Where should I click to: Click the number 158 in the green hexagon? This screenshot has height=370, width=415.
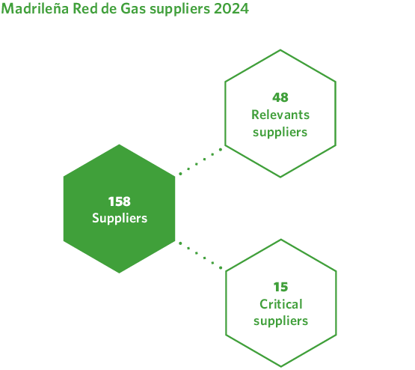click(x=120, y=201)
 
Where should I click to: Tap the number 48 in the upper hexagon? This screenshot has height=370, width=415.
click(x=280, y=97)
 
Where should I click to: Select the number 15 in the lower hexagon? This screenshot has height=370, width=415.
click(x=280, y=287)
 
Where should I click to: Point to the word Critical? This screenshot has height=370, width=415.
click(x=280, y=304)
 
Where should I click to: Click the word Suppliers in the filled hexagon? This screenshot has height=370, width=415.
click(x=120, y=219)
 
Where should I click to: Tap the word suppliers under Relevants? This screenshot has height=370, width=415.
click(x=280, y=133)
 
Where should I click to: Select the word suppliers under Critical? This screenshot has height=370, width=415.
click(x=280, y=321)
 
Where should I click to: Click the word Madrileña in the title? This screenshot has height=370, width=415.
click(x=34, y=10)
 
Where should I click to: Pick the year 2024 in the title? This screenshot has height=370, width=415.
click(x=233, y=10)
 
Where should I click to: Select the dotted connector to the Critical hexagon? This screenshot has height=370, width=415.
click(x=200, y=255)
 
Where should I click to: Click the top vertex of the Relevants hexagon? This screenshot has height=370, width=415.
click(x=280, y=50)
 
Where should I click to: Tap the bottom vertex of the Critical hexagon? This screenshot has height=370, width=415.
click(x=280, y=366)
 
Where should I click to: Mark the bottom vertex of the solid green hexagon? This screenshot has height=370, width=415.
click(x=120, y=273)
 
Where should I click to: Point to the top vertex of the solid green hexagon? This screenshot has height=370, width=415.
click(x=120, y=145)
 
